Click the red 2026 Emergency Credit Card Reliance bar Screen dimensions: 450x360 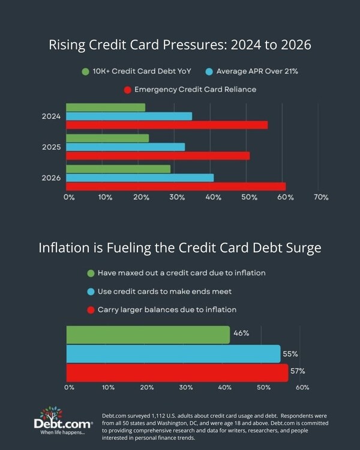[176, 187]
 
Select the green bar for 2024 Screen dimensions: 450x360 [106, 107]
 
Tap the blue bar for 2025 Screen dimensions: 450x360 [125, 146]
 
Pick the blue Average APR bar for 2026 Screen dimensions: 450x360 [140, 178]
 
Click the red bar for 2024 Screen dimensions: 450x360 [167, 125]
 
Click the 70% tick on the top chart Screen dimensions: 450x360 [321, 197]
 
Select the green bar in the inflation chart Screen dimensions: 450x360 [148, 335]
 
